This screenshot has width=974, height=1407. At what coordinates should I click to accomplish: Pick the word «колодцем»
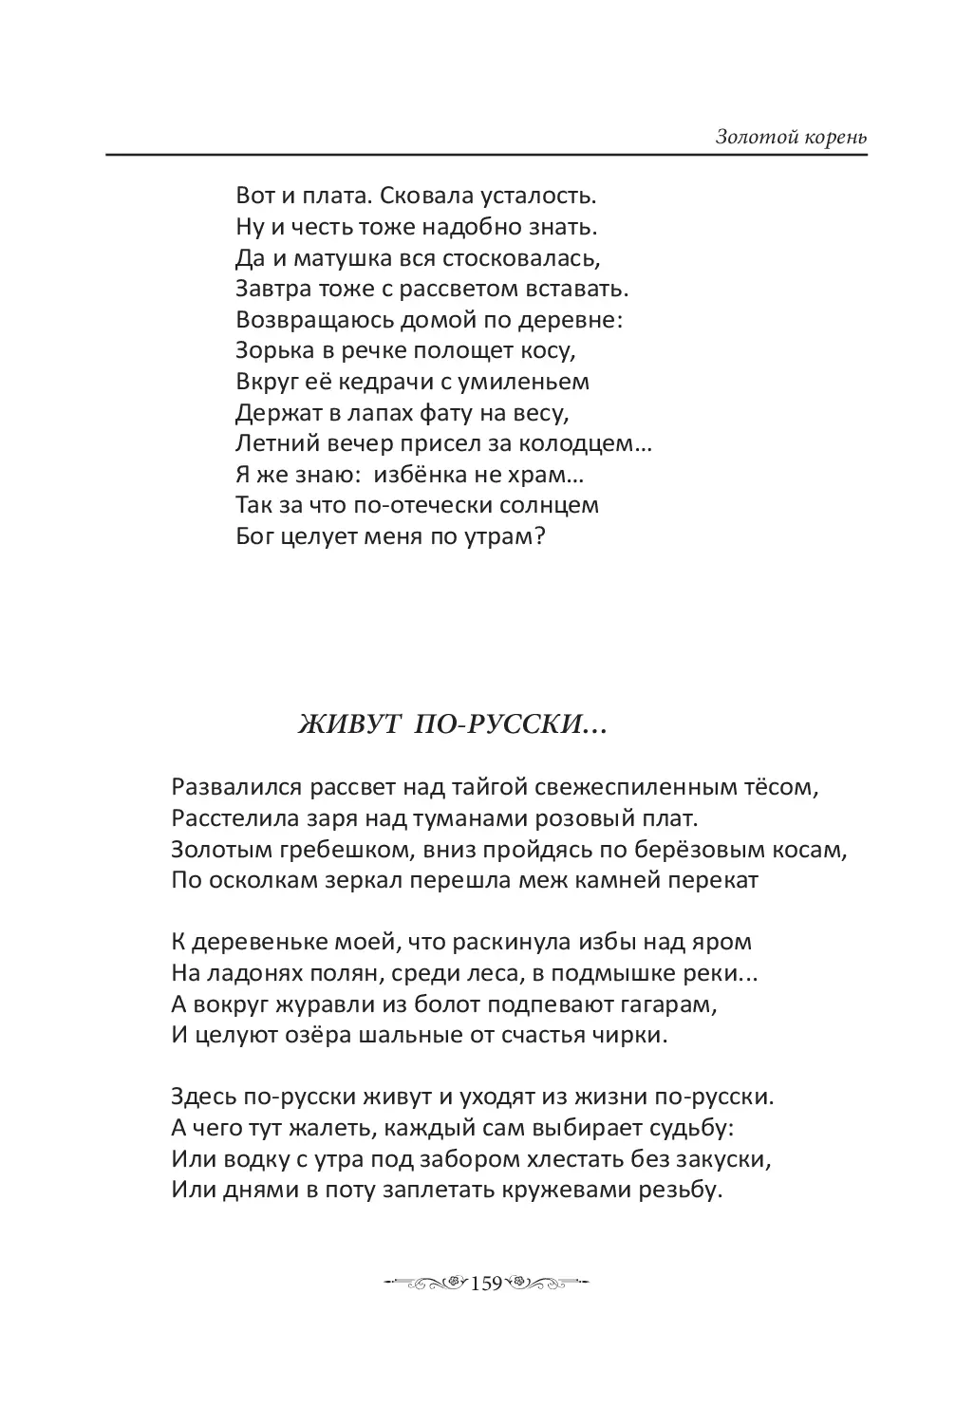click(593, 443)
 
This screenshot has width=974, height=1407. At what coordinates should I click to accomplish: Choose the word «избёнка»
click(423, 474)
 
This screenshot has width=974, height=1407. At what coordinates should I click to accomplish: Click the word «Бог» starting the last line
click(254, 535)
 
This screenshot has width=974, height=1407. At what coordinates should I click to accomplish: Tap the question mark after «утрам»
click(539, 535)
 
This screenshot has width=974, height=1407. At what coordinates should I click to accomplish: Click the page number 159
click(486, 1284)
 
